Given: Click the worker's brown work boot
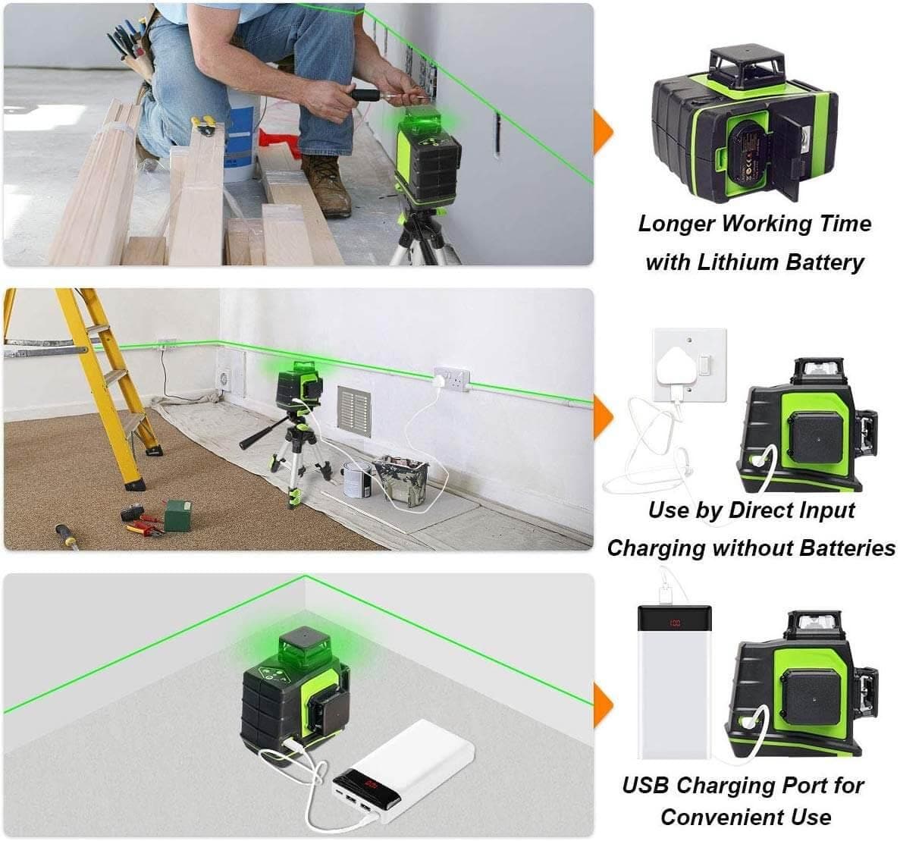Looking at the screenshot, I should click(328, 185).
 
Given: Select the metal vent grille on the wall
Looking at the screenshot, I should click(354, 410).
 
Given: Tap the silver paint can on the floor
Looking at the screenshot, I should click(356, 479).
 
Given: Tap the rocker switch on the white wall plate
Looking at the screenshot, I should click(704, 366).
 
